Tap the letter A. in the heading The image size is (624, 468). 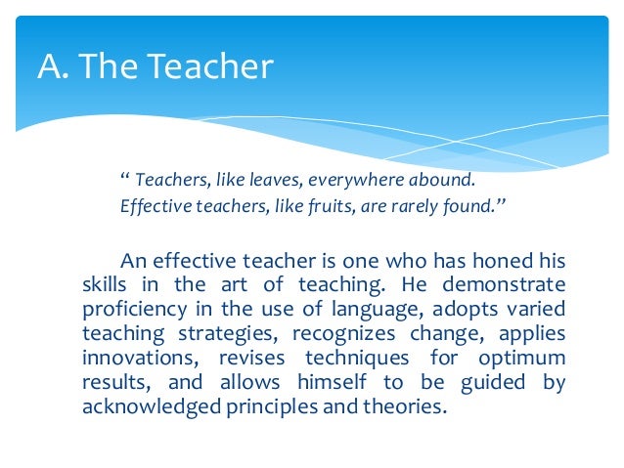click(51, 67)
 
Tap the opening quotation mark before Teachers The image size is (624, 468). click(124, 180)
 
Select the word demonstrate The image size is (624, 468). click(504, 285)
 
